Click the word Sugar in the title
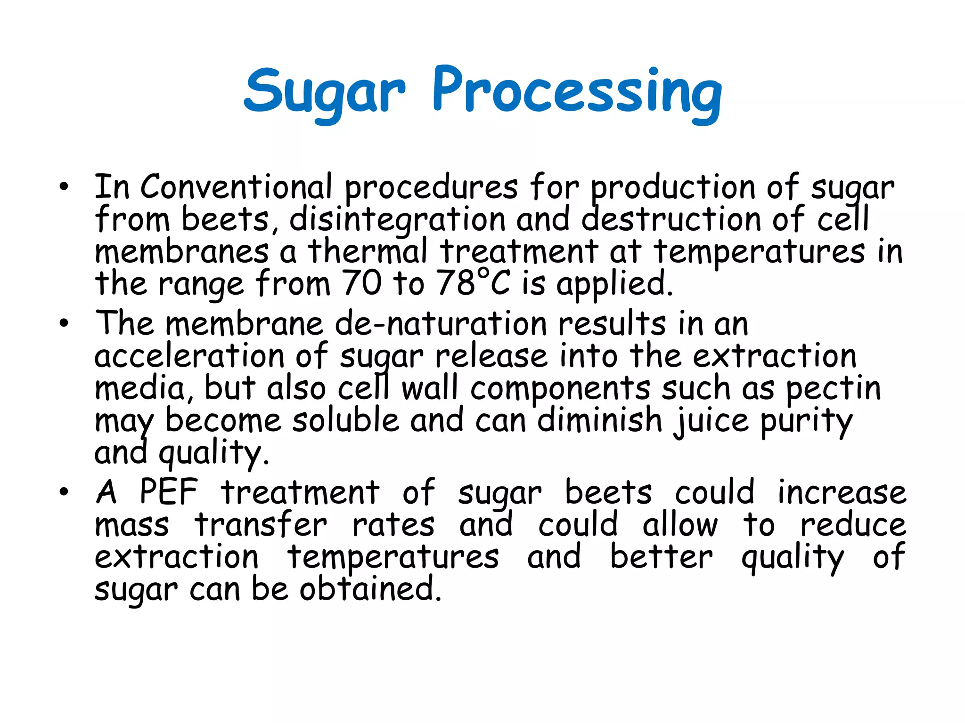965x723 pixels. coord(324,92)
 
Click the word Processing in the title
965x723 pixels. coord(577,92)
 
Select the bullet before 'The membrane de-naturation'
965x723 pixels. coord(64,323)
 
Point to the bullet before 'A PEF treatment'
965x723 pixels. coord(64,492)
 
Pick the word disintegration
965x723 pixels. coord(397,220)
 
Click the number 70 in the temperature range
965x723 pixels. coord(361,283)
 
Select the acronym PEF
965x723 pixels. coord(169,492)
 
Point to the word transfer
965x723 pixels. coord(261,525)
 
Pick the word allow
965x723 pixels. coord(680,525)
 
